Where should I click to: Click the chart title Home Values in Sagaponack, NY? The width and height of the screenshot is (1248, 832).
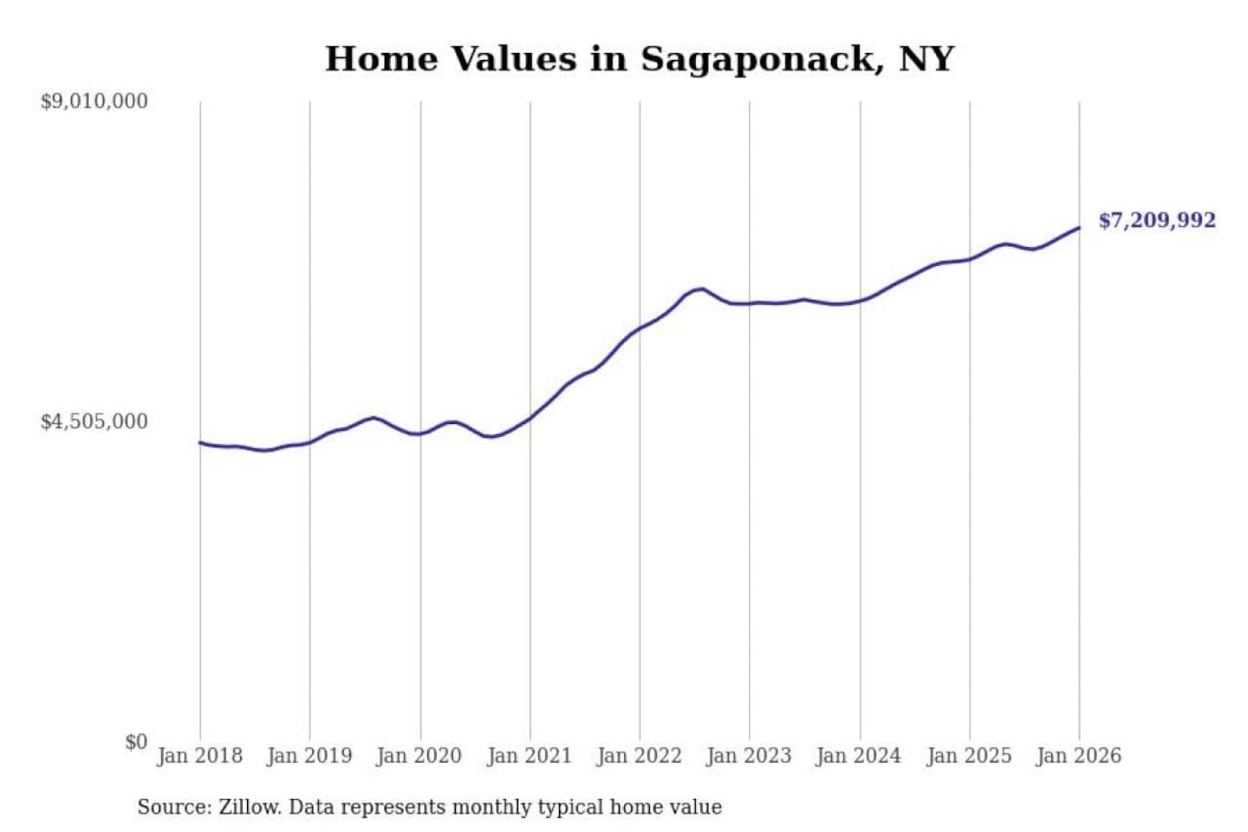pos(640,59)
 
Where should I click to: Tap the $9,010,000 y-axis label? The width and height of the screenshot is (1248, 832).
pos(94,101)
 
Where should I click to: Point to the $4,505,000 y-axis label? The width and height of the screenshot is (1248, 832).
pos(94,422)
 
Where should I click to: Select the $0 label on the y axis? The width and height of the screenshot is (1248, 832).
pos(135,742)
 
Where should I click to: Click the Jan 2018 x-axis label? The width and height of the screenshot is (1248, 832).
pos(199,756)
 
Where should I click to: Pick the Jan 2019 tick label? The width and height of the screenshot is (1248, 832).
pos(309,756)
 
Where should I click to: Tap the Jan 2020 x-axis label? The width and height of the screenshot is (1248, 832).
pos(419,756)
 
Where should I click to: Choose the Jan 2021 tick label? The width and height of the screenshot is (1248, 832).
pos(530,756)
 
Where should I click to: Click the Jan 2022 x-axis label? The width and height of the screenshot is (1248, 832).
pos(640,756)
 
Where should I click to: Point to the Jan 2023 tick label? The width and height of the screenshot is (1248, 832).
pos(749,756)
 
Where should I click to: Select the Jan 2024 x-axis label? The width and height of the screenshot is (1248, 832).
pos(859,756)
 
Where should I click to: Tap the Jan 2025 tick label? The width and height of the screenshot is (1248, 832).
pos(969,756)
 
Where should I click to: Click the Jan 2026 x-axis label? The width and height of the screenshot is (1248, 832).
pos(1079,756)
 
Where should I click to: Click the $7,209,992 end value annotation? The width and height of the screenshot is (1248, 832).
pos(1157,220)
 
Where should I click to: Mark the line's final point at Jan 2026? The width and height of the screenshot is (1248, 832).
pos(1079,228)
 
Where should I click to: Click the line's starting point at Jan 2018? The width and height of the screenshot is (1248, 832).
pos(200,443)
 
